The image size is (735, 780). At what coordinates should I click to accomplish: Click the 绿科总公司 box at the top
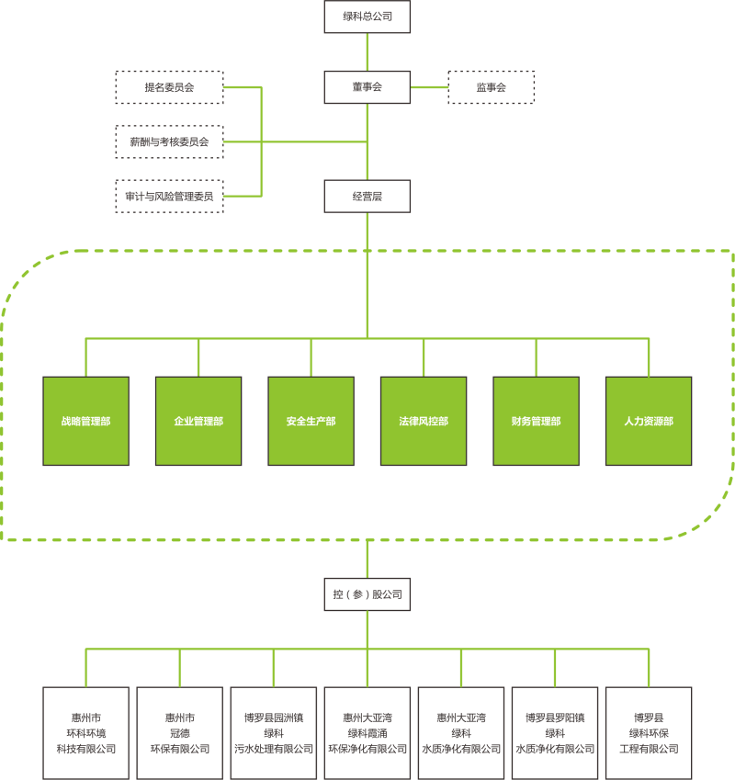(367, 17)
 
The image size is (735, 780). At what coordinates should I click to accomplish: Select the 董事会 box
(367, 87)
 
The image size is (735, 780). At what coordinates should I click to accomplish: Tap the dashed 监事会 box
(491, 87)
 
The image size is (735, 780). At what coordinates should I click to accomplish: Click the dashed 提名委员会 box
(169, 87)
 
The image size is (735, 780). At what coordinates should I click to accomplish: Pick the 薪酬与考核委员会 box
(169, 141)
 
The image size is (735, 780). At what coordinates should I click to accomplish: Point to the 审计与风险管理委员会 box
(169, 196)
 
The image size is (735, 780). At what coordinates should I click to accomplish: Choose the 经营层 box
(367, 196)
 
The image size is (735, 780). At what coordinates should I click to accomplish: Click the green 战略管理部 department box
(85, 421)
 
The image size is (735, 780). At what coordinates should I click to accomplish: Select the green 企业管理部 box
(198, 421)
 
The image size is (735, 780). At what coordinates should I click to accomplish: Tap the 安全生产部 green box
(311, 421)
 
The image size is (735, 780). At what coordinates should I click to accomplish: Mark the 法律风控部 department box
(424, 421)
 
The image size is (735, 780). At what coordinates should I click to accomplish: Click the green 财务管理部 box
(536, 421)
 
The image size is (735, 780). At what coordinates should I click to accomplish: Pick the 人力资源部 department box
(649, 421)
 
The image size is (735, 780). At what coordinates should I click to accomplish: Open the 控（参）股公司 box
(367, 594)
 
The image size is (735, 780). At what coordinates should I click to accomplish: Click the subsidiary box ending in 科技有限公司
(85, 732)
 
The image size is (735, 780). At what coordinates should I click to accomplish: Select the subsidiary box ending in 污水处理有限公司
(273, 732)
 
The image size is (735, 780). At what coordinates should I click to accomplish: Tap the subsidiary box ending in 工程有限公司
(649, 732)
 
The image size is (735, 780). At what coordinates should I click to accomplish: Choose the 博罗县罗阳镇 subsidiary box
(555, 732)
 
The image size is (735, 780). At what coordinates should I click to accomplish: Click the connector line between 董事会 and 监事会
(428, 87)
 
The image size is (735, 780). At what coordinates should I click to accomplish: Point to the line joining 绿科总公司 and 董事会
(367, 52)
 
